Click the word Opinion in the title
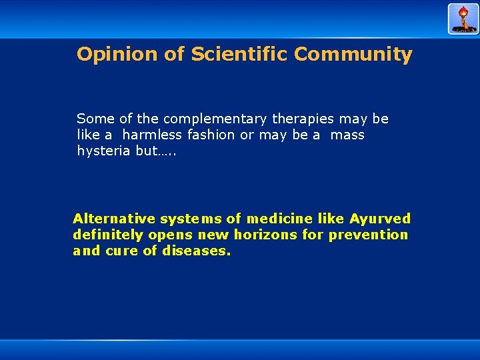point(117,55)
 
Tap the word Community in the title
point(353,54)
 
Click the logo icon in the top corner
point(463,19)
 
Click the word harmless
point(152,135)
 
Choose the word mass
point(347,135)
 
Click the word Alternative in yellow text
point(114,219)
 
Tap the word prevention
point(378,235)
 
